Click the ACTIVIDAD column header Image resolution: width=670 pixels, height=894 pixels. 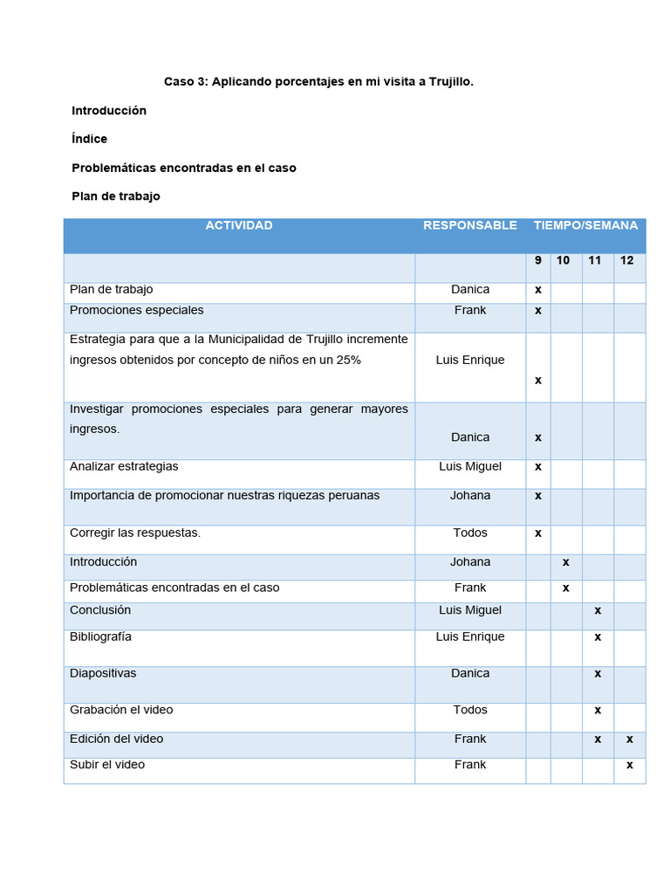(x=238, y=225)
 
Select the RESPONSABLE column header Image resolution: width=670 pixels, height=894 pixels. (x=470, y=225)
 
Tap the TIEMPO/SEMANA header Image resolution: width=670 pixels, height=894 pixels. (x=585, y=225)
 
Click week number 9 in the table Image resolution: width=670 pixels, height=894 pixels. (x=538, y=260)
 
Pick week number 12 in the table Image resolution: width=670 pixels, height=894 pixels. (x=627, y=260)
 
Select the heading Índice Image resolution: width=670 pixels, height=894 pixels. (x=90, y=139)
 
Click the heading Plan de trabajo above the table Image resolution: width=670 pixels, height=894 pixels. (x=116, y=196)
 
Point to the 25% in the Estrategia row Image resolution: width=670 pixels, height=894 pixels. (x=346, y=360)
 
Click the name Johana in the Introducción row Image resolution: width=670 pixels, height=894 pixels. (x=470, y=561)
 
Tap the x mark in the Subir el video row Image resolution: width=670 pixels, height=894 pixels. (x=629, y=765)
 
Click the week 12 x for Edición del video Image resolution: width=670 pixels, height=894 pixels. (x=629, y=739)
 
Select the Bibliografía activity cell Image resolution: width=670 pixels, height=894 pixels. (x=100, y=636)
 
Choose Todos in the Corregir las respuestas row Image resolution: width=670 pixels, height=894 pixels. (x=470, y=533)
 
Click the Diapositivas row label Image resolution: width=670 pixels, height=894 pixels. (x=103, y=673)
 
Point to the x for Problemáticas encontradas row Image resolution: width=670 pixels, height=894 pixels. (x=566, y=588)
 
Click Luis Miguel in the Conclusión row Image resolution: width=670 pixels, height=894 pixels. (x=470, y=609)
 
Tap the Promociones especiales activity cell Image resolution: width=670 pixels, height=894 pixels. (x=137, y=310)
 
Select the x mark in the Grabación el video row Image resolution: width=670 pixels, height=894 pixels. (x=598, y=710)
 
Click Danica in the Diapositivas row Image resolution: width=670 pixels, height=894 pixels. (x=470, y=673)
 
